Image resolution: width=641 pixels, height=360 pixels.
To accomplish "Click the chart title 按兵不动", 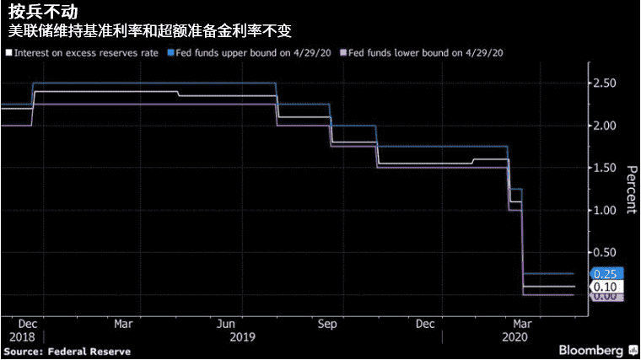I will point(35,12).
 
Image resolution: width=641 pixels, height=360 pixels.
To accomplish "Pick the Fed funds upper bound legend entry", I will point(251,53).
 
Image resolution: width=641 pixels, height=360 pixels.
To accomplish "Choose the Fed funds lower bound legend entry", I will point(423,53).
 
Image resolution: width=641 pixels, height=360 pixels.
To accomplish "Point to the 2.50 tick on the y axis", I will point(605,83).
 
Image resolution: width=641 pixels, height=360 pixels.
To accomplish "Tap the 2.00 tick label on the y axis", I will point(605,126).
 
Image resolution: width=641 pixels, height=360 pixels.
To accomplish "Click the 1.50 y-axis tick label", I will point(605,168).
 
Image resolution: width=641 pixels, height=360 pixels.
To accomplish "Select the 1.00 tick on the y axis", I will point(605,210).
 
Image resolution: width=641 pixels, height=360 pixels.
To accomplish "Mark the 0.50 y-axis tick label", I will point(605,253).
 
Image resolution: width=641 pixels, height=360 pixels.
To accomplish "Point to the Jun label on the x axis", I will point(225,324).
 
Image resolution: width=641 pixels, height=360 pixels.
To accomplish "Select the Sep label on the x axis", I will point(328,324).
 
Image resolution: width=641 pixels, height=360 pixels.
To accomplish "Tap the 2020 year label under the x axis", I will point(515,336).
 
